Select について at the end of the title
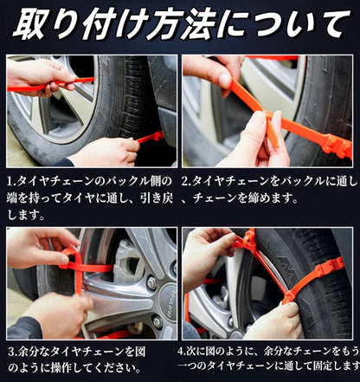point(289,23)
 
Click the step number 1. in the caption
point(12,184)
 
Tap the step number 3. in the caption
point(12,353)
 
